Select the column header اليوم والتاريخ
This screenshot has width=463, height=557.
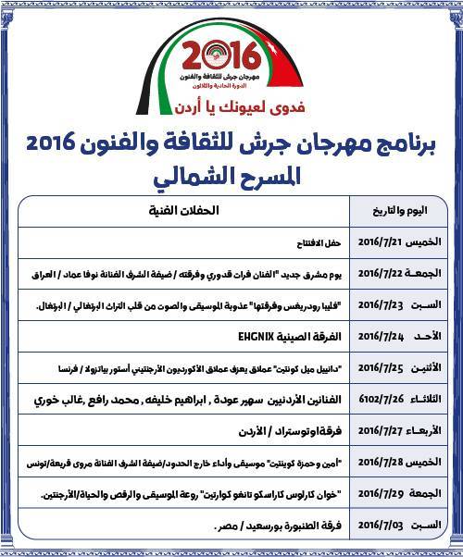[405, 211]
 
